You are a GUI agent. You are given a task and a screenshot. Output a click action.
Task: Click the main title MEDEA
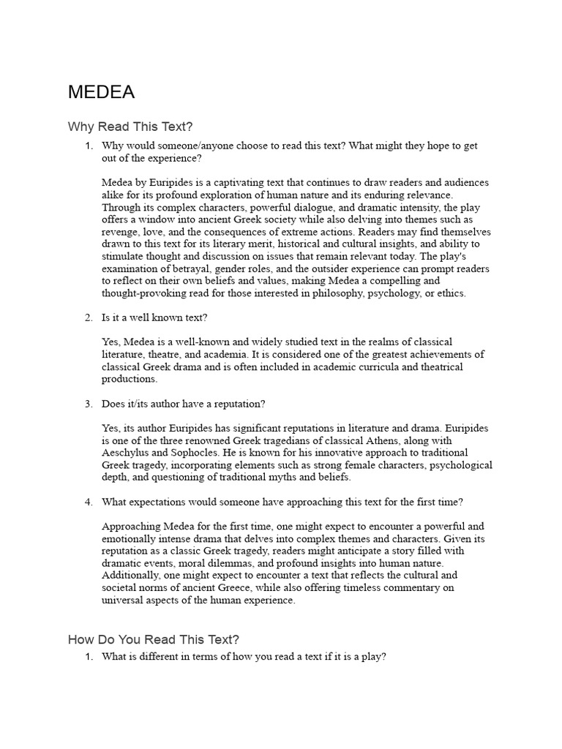click(x=101, y=92)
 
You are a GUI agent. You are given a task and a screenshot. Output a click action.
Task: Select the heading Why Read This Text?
click(x=130, y=127)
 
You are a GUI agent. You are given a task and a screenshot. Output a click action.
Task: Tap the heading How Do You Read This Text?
click(x=154, y=639)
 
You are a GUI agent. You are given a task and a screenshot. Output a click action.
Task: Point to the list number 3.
click(x=88, y=404)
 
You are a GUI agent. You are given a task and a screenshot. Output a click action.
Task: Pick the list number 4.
click(x=88, y=502)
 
